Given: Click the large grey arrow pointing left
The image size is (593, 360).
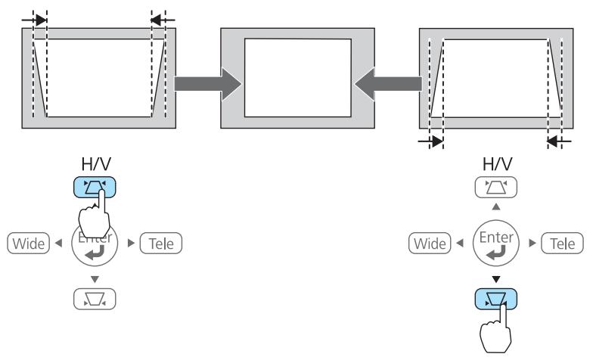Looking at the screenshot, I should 387,82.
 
